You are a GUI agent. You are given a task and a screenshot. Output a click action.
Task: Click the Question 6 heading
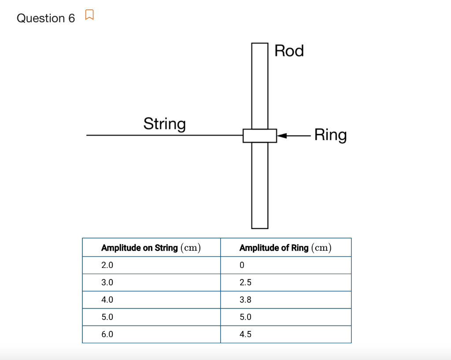click(x=46, y=18)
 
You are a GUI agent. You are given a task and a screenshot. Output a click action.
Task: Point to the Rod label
click(x=289, y=51)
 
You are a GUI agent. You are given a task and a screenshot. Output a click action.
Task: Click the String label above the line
click(x=164, y=124)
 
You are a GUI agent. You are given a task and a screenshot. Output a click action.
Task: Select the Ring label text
click(x=330, y=135)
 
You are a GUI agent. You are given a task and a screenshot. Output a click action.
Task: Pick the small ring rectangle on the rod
click(x=260, y=136)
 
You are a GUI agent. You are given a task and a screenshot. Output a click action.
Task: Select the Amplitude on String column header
click(x=151, y=248)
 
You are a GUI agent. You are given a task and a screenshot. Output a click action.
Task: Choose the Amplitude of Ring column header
click(x=285, y=248)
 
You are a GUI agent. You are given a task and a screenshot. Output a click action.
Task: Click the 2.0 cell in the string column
click(x=107, y=265)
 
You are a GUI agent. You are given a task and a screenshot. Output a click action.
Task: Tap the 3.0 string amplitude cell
click(x=107, y=282)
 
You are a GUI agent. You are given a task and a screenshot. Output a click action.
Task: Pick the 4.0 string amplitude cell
click(x=107, y=300)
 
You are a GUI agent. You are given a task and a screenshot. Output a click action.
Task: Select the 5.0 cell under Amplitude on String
click(x=107, y=317)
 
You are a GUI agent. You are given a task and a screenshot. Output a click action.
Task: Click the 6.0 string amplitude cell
click(x=107, y=334)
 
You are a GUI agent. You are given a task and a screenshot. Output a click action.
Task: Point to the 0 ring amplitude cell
click(x=242, y=265)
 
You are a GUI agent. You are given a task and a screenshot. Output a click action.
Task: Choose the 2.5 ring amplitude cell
click(x=245, y=282)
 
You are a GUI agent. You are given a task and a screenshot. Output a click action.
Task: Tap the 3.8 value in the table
click(x=245, y=300)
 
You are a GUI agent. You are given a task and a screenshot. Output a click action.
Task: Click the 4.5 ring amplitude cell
click(x=245, y=334)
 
